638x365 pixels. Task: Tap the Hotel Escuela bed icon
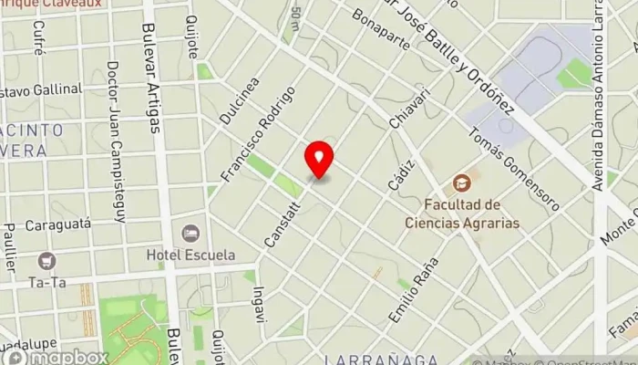click(190, 234)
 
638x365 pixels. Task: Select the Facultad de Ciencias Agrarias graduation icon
click(462, 182)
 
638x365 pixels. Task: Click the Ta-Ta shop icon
click(46, 261)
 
